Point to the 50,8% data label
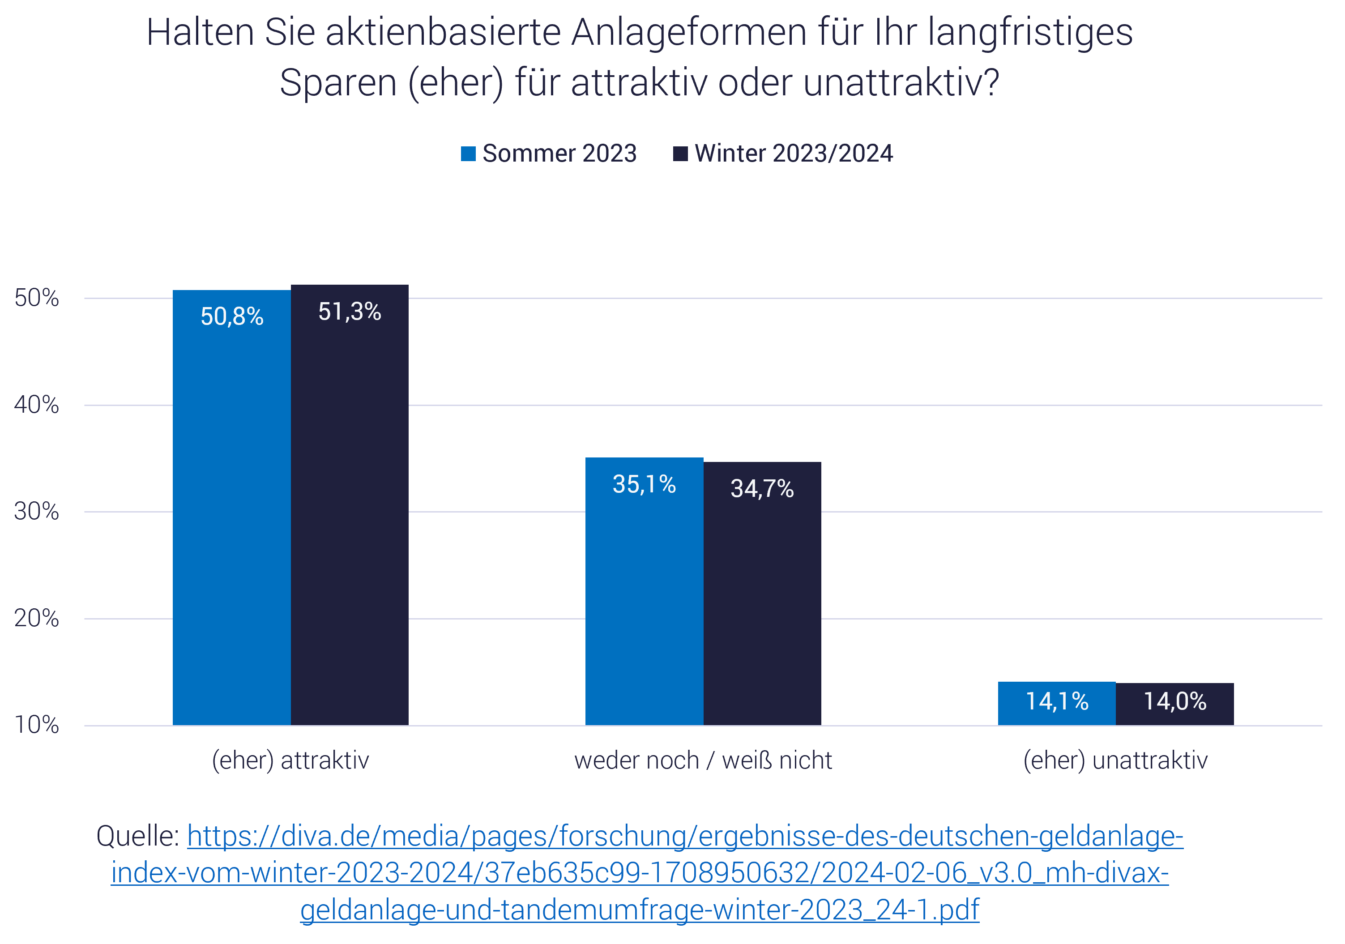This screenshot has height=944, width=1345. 232,317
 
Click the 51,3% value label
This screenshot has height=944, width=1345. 350,312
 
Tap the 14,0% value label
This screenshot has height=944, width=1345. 1174,701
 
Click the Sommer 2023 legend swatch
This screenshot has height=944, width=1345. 468,154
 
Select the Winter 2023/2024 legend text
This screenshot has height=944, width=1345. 793,154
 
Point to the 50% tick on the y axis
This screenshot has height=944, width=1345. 36,298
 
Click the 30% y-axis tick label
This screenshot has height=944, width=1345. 36,512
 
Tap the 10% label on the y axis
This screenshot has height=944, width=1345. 36,726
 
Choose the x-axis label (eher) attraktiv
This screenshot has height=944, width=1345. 290,760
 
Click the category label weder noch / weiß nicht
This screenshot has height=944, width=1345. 703,760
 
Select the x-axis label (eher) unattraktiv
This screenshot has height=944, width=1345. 1115,760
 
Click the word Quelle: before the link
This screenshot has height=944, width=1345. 138,836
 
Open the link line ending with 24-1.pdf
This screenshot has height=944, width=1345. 640,910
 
